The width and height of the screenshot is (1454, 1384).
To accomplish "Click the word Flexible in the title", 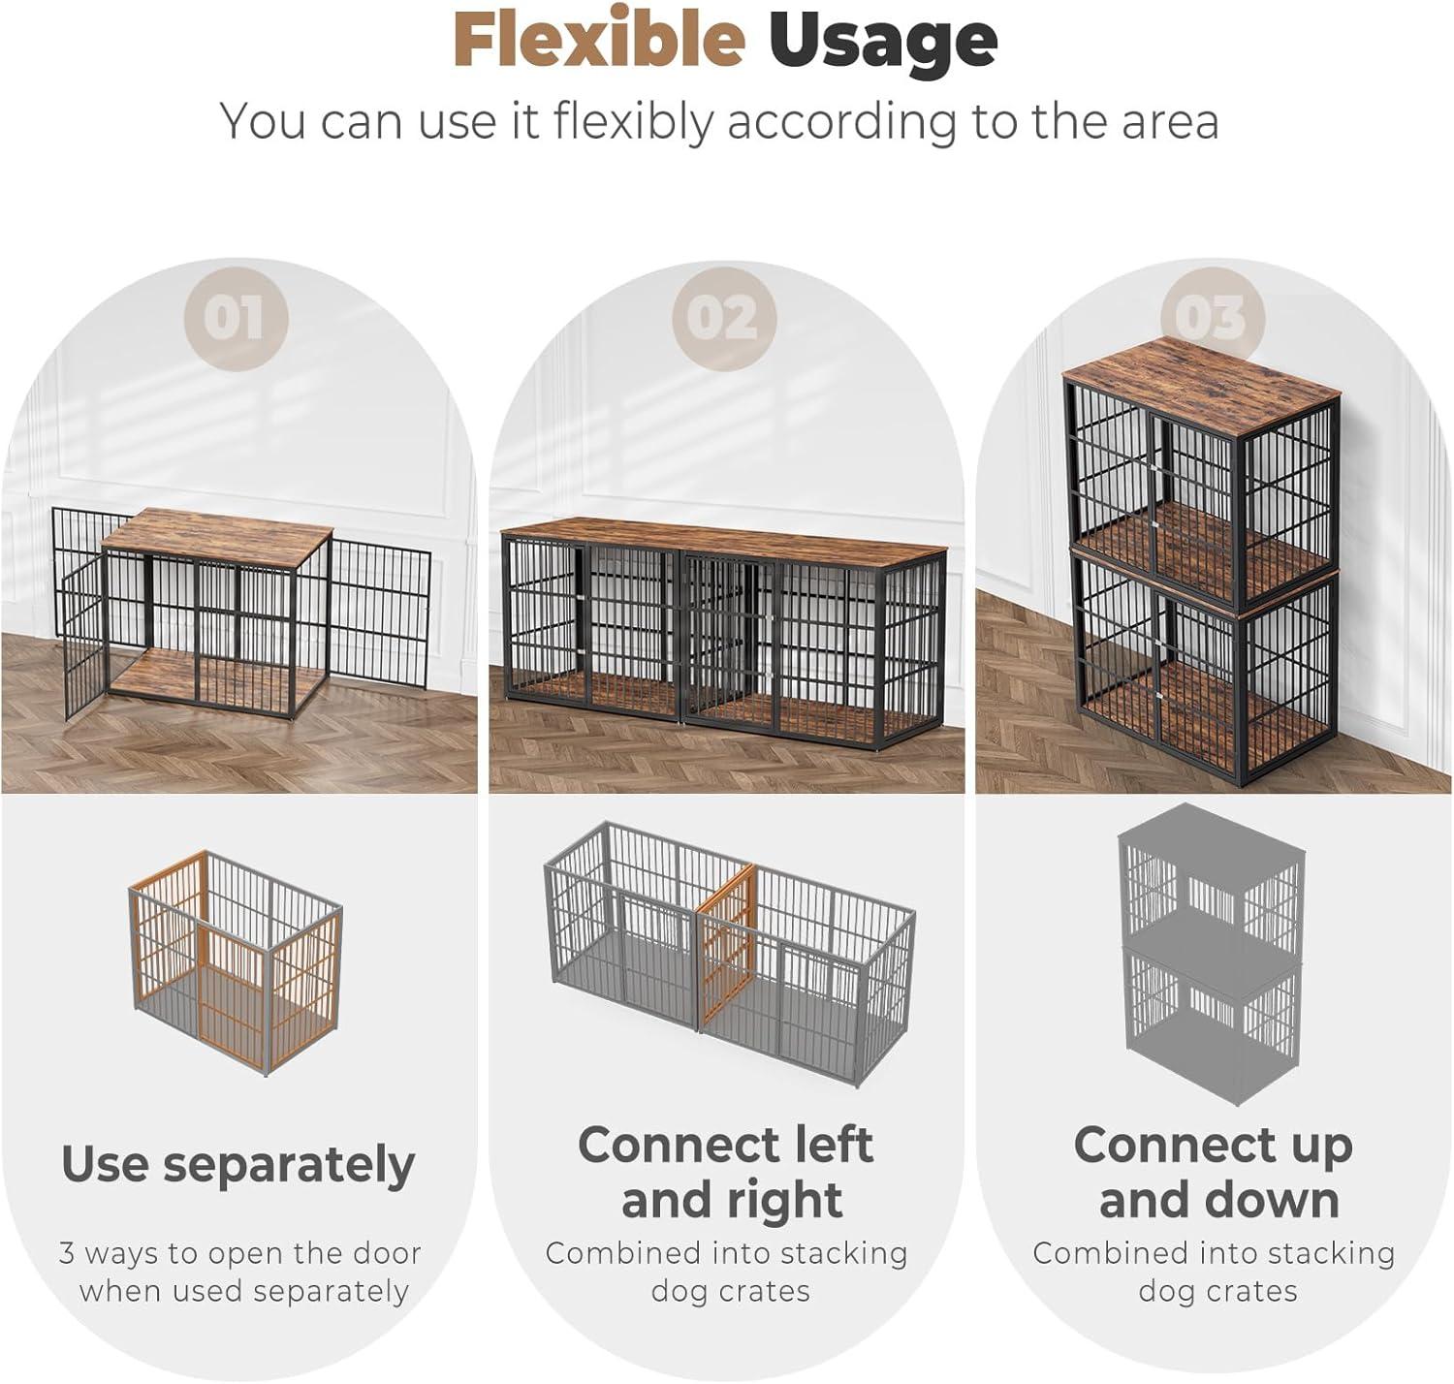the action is coord(599,40).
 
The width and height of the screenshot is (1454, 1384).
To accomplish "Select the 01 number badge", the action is coord(236,319).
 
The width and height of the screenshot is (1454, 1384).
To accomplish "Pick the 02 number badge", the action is coord(724,319).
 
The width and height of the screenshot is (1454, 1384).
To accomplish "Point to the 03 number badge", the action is coord(1213,319).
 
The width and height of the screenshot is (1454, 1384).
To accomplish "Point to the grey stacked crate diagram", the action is coord(1212,954).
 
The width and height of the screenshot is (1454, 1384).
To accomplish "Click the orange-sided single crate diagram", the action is coord(236,962).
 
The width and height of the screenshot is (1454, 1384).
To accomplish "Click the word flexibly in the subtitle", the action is coord(632,122).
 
